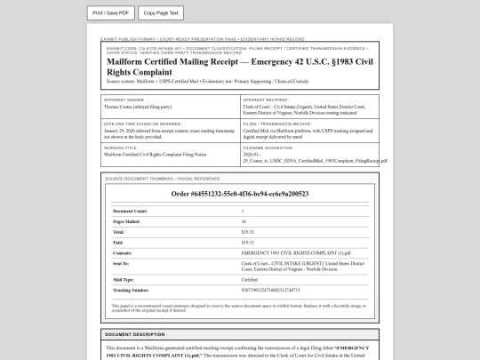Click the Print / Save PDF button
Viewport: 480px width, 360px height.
click(x=111, y=13)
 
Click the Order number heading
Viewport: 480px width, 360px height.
click(x=241, y=193)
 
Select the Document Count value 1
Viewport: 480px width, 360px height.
click(x=243, y=210)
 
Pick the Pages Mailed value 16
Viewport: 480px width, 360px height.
click(x=244, y=220)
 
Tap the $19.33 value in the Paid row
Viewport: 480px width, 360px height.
click(x=248, y=242)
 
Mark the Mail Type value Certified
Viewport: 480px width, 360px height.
click(x=250, y=279)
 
